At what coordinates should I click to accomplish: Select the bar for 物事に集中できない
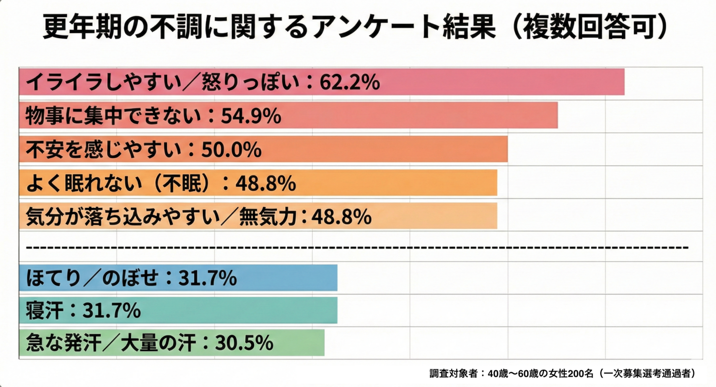click(420, 115)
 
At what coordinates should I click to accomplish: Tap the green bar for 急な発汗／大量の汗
click(298, 343)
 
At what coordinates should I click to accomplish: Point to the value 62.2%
click(350, 83)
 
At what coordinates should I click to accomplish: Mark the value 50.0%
click(231, 150)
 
